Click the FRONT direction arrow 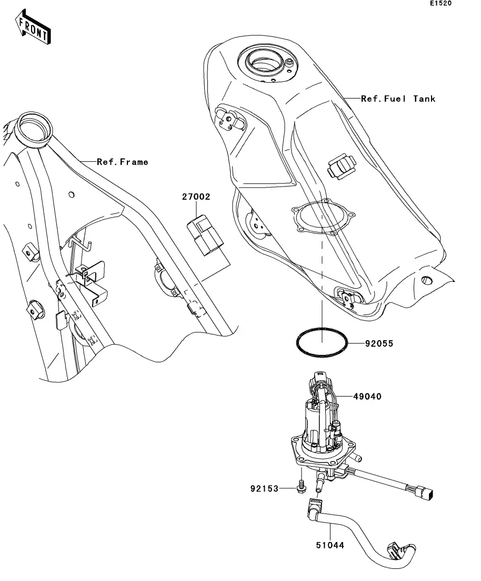click(x=33, y=28)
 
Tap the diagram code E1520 click(x=440, y=3)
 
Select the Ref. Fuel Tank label click(x=398, y=99)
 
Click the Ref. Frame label click(x=122, y=162)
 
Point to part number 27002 click(x=196, y=197)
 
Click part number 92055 click(x=379, y=343)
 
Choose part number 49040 click(x=367, y=397)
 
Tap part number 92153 click(x=264, y=489)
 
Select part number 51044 click(x=330, y=545)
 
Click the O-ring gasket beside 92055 click(x=322, y=343)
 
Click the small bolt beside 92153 click(x=302, y=487)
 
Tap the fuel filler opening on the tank click(x=263, y=61)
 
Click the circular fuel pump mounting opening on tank click(x=323, y=217)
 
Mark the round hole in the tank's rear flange click(x=427, y=280)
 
